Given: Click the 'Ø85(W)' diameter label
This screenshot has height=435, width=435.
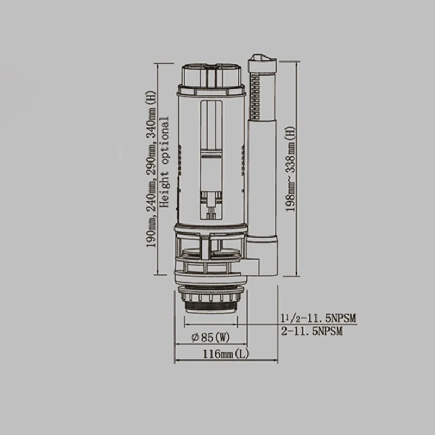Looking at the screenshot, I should tap(205, 338).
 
